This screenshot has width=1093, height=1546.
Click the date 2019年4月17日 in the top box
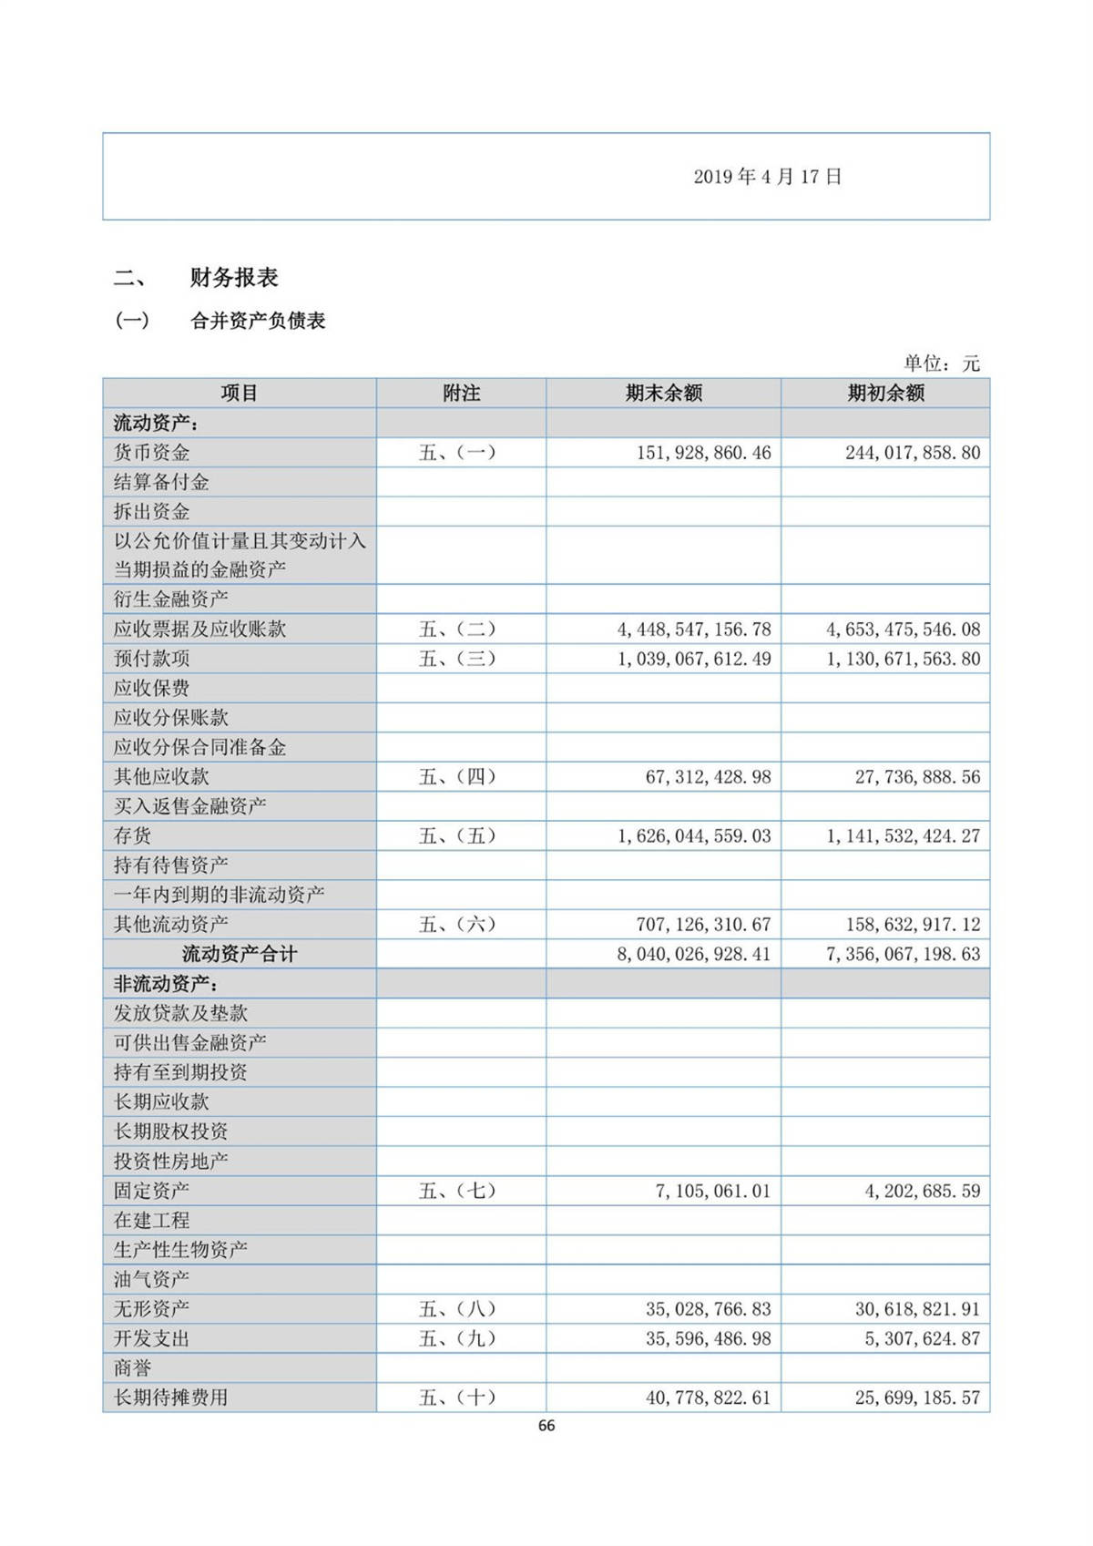pos(767,177)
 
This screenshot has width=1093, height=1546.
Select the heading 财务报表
pos(233,278)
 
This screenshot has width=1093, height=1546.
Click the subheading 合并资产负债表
pos(258,321)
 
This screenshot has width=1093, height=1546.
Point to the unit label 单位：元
pos(941,363)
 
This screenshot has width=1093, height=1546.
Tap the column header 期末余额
pos(663,394)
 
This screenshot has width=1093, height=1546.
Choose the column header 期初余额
pos(885,394)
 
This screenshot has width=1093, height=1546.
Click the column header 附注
pos(461,394)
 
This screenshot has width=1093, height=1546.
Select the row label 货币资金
pos(151,453)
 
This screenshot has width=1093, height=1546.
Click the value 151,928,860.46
pos(703,453)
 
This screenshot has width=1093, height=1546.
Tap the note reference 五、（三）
pos(457,659)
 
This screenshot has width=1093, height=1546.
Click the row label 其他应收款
pos(161,777)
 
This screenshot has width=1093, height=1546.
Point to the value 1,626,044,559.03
pos(694,836)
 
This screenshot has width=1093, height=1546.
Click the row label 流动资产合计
pos(239,955)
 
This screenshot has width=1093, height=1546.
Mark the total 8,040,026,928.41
pos(693,955)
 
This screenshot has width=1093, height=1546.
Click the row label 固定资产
pos(151,1191)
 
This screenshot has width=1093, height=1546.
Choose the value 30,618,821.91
pos(917,1309)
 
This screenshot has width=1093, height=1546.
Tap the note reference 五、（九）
pos(457,1339)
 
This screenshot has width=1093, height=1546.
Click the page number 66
pos(546,1426)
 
